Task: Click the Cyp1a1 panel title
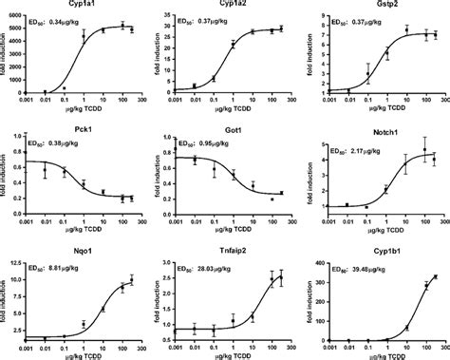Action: (83, 4)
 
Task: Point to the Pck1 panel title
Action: (83, 123)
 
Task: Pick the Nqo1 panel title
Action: (83, 243)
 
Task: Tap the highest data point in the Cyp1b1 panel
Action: (435, 276)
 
